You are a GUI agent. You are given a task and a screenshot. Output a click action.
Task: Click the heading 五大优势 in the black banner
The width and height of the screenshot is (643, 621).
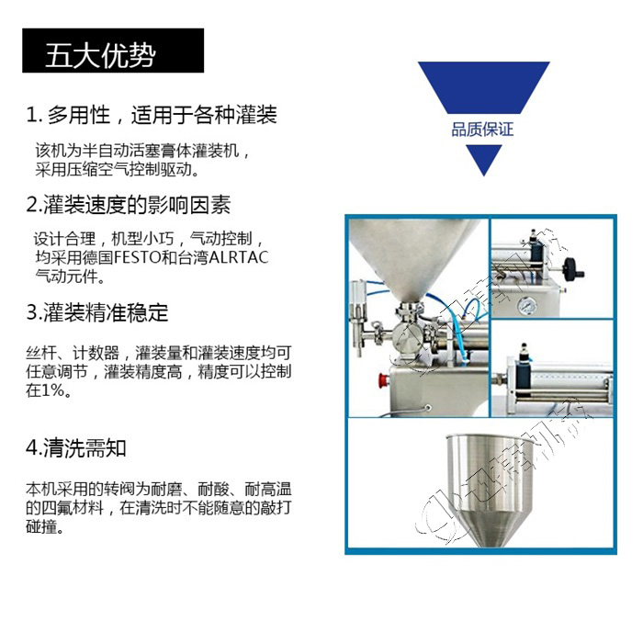100,55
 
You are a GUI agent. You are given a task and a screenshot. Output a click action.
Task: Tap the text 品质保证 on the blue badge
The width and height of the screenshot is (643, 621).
482,129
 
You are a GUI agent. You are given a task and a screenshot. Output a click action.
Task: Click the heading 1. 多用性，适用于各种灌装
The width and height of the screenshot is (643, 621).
152,116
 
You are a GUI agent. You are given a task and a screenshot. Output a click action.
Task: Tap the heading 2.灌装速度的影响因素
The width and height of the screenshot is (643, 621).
129,203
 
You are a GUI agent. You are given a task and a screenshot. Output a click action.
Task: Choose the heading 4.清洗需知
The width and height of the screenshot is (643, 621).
76,448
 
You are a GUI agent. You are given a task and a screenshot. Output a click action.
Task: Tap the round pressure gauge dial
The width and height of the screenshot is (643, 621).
527,304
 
